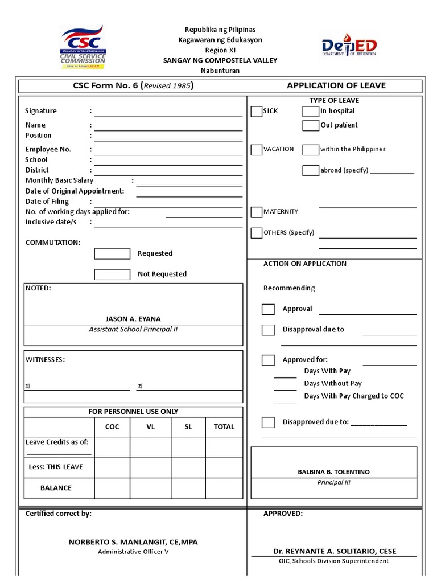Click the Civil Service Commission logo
81,48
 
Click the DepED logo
349,48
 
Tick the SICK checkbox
256,112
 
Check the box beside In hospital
311,112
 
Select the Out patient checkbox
311,125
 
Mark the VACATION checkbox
256,150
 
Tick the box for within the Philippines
311,150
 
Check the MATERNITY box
256,212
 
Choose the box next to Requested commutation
112,254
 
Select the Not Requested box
112,274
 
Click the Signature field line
168,113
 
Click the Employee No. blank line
168,151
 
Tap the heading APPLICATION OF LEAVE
336,85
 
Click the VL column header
151,427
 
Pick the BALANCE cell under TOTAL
224,488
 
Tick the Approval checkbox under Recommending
268,309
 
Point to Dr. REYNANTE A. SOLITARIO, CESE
333,551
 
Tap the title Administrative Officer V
133,552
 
